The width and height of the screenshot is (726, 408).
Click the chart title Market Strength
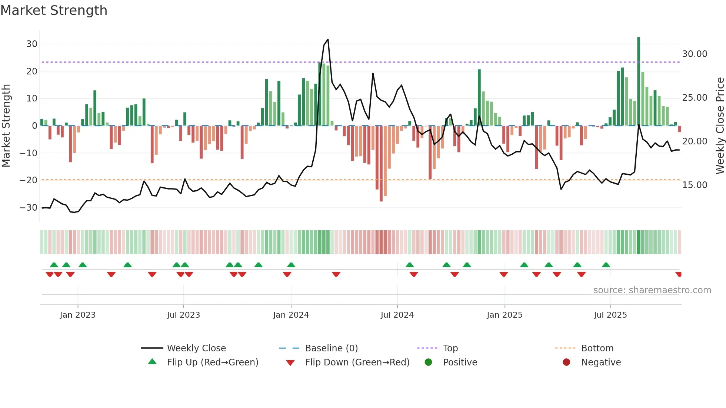tap(54, 10)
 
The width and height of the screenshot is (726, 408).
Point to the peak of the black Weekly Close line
tap(328, 40)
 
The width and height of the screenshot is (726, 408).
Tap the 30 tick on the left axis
tap(32, 44)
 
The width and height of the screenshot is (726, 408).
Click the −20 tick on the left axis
tap(29, 180)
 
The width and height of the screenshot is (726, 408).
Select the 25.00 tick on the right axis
tap(695, 98)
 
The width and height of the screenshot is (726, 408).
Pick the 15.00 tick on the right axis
tap(695, 185)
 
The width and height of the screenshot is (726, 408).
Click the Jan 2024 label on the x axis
tap(291, 315)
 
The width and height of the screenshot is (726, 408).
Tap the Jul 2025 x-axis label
tap(610, 315)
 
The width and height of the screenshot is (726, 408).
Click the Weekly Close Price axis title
tap(720, 126)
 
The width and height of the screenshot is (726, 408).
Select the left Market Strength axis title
tap(6, 126)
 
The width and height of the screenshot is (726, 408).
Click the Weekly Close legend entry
tap(196, 348)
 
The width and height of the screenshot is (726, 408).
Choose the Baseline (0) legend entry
tap(331, 348)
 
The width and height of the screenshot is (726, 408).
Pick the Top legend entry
tap(450, 348)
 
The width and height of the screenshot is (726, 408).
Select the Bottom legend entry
tap(597, 348)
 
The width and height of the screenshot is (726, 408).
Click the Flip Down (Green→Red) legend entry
tap(357, 362)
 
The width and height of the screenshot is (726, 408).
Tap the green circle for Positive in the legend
tap(429, 362)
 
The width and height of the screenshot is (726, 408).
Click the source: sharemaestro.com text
tap(652, 290)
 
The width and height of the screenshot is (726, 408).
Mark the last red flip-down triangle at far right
tap(679, 274)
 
